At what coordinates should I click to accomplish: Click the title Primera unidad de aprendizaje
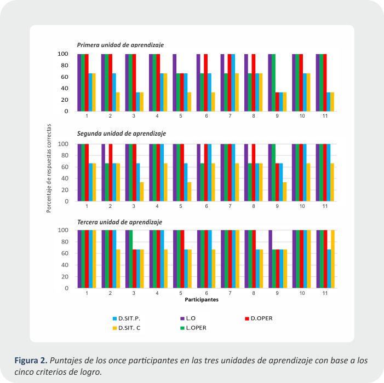tap(120, 45)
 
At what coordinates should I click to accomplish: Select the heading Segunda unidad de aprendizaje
tap(121, 134)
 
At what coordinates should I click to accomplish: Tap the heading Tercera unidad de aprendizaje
tap(119, 222)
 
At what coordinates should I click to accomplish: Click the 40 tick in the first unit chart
tap(65, 88)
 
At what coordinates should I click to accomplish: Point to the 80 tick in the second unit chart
tap(65, 155)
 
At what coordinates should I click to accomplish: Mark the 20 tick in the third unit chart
tap(65, 276)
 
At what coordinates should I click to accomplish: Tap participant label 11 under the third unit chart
tap(324, 294)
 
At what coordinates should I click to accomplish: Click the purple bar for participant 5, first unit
tap(175, 83)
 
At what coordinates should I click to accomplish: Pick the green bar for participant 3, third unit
tap(131, 259)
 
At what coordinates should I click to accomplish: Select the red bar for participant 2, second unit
tap(110, 172)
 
